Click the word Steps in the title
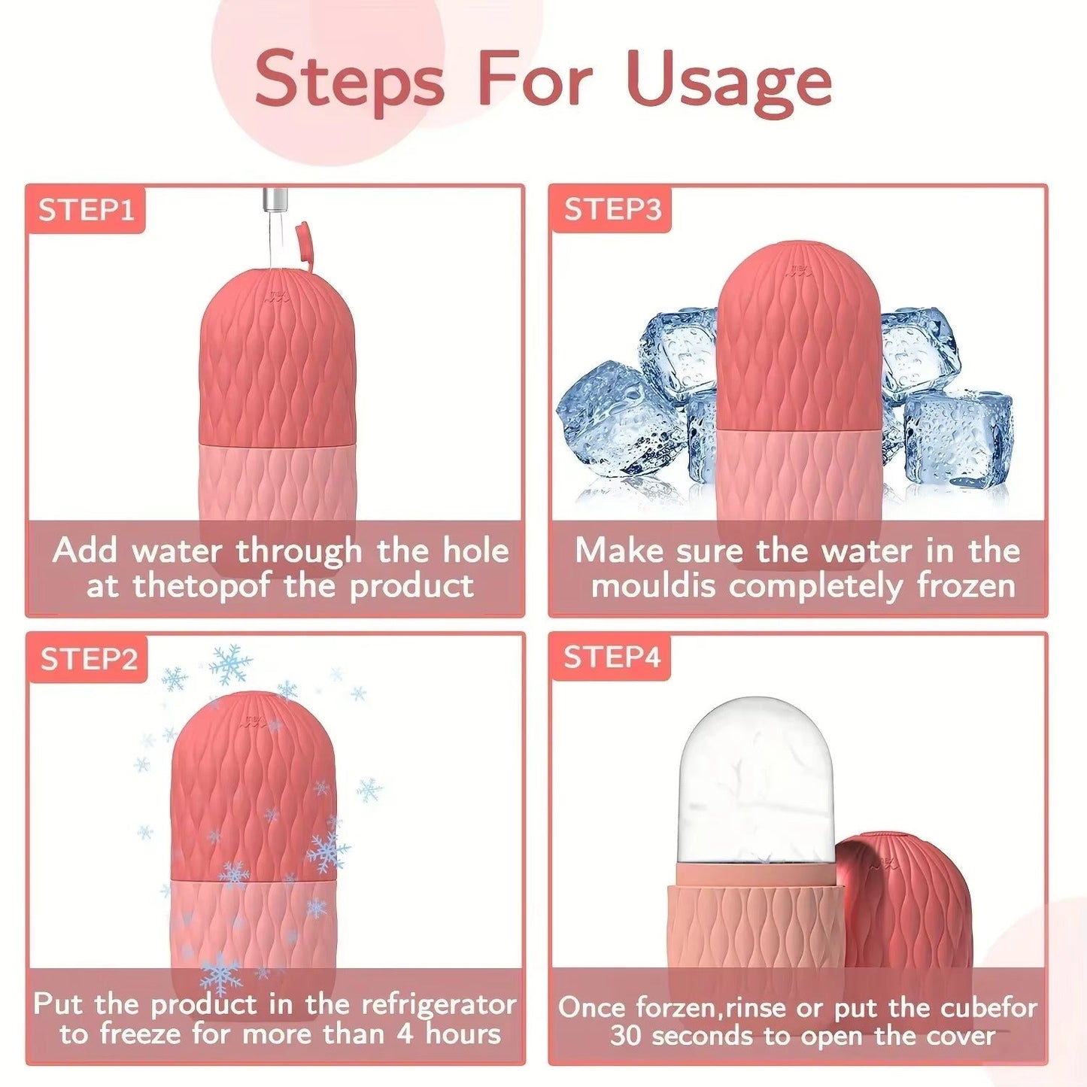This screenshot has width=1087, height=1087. pyautogui.click(x=350, y=78)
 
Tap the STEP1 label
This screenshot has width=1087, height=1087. pyautogui.click(x=86, y=210)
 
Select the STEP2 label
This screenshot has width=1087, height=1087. pyautogui.click(x=89, y=660)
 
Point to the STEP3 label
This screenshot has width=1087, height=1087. pyautogui.click(x=612, y=210)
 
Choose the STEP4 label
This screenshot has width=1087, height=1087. pyautogui.click(x=612, y=657)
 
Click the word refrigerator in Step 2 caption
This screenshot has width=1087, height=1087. pyautogui.click(x=439, y=1004)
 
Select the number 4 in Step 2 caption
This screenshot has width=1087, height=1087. pyautogui.click(x=405, y=1034)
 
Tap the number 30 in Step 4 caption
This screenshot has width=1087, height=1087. pyautogui.click(x=625, y=1036)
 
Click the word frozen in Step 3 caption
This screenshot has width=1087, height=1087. pyautogui.click(x=966, y=585)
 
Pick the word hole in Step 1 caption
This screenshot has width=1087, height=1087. pyautogui.click(x=475, y=551)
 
